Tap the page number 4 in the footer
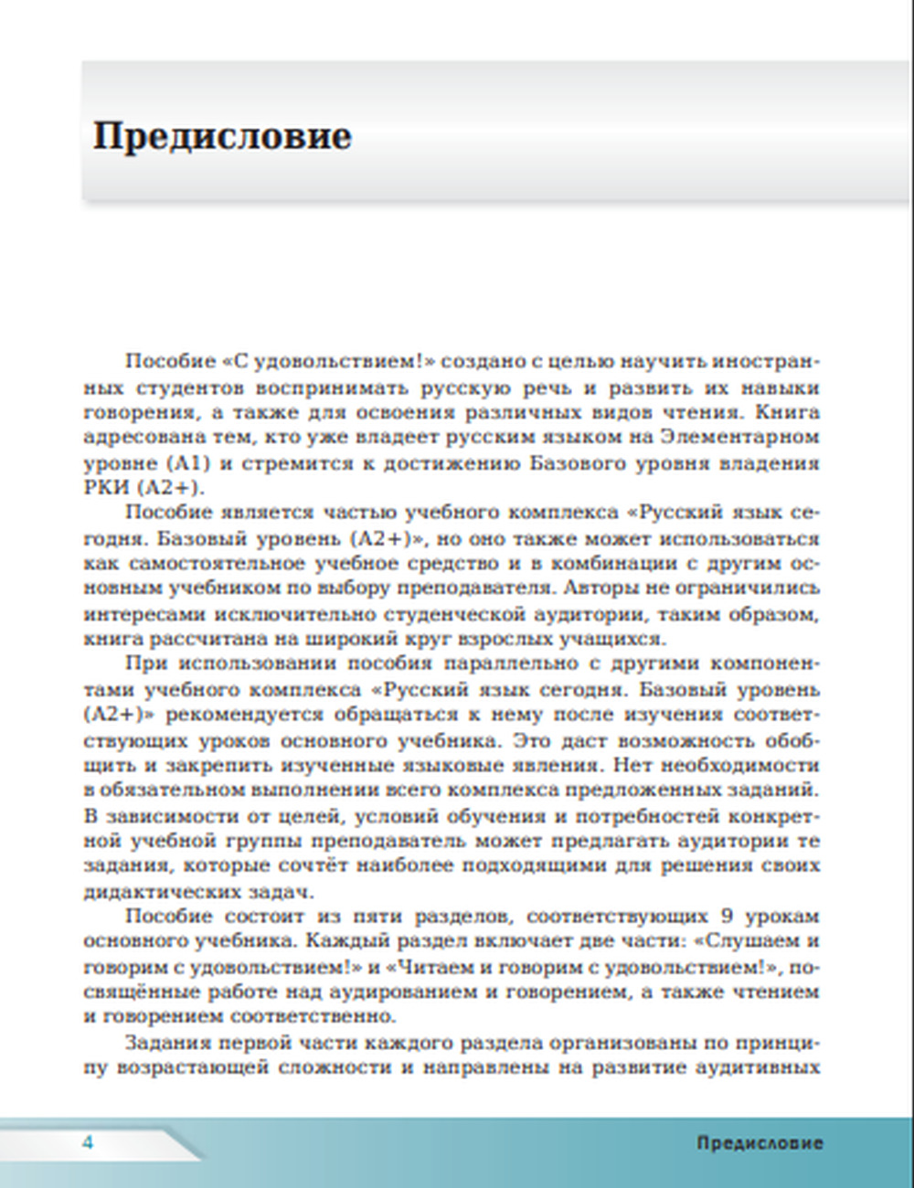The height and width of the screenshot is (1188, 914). click(88, 1142)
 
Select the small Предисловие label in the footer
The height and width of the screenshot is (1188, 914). click(760, 1143)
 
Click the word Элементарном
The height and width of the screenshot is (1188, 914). click(739, 437)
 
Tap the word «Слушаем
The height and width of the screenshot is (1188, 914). click(747, 941)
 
